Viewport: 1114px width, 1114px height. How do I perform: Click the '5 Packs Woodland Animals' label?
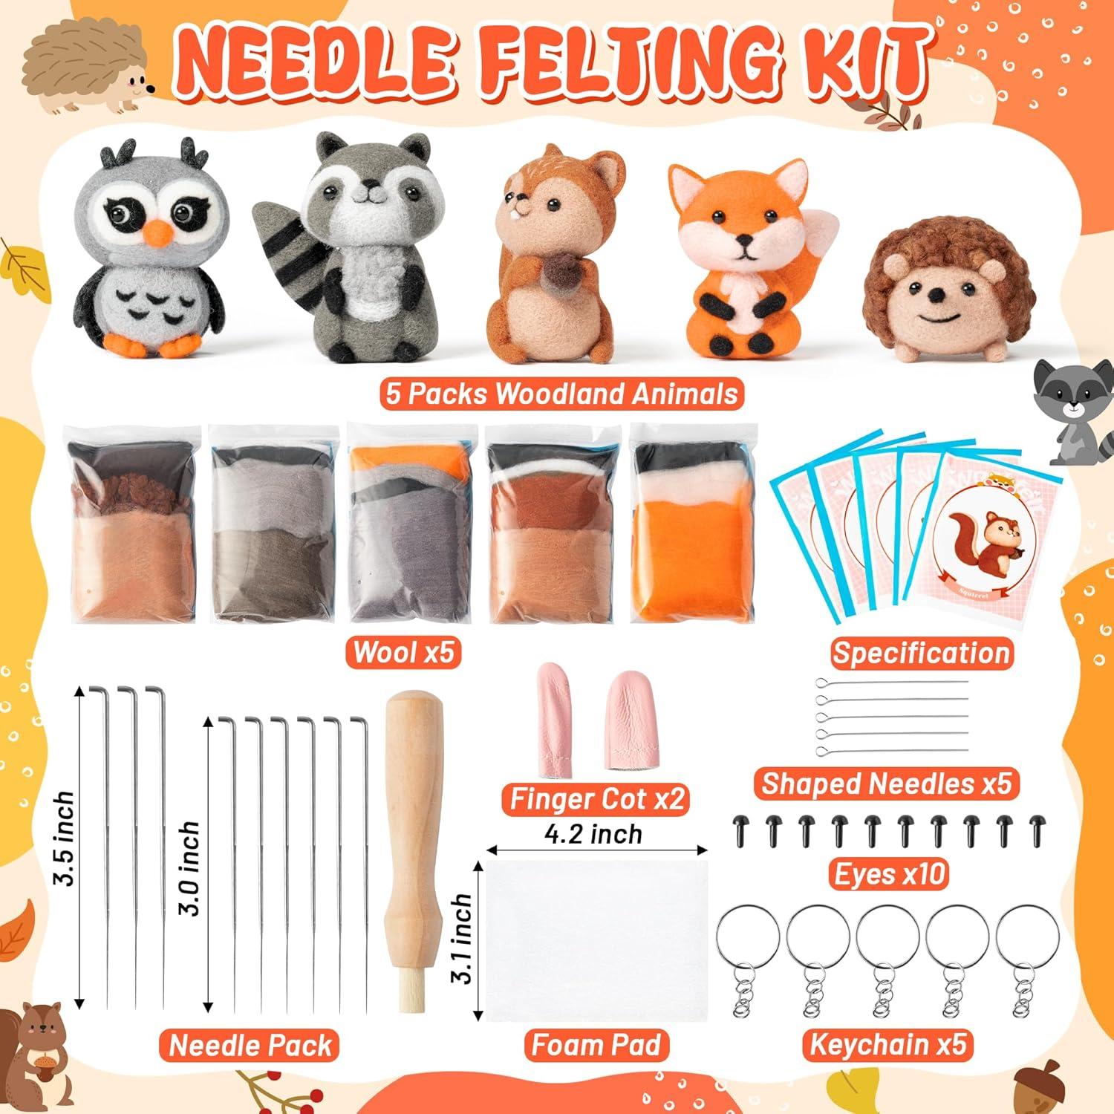tap(562, 394)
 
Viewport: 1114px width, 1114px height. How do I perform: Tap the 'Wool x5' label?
tap(403, 652)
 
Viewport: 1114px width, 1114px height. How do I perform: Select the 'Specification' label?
tap(921, 653)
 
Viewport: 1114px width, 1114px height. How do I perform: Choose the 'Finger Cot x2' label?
tap(597, 799)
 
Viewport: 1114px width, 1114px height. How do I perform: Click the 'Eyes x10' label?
tap(890, 874)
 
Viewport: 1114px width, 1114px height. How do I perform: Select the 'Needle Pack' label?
tap(250, 1045)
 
